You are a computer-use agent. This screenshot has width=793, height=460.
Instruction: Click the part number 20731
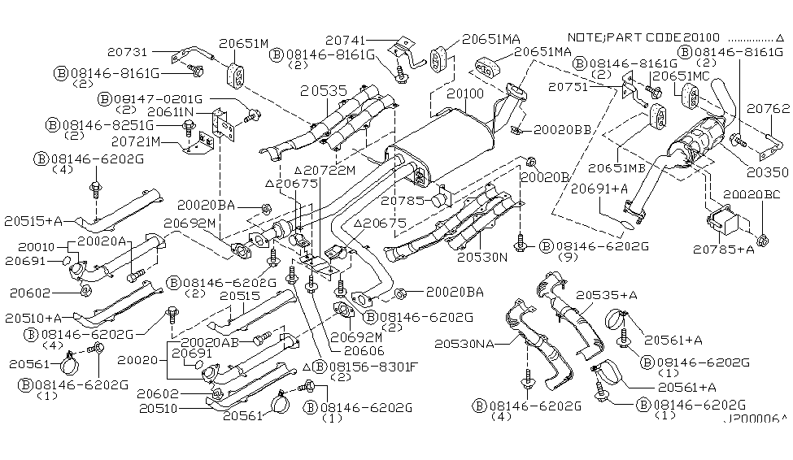[128, 51]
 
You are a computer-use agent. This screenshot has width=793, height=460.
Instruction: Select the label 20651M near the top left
[244, 43]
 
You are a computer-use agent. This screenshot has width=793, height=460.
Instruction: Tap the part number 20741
[346, 40]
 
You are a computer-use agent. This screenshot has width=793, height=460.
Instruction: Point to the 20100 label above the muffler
[465, 93]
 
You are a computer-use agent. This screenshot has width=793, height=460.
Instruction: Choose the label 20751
[569, 86]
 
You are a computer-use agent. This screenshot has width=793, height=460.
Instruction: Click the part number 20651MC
[682, 76]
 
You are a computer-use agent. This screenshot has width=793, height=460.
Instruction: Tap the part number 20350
[768, 172]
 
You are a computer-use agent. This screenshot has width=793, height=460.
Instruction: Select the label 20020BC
[752, 194]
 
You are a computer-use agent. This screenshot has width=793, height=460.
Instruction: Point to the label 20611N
[171, 111]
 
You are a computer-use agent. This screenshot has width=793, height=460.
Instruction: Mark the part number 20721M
[136, 141]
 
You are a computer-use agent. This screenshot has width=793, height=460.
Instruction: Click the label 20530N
[482, 258]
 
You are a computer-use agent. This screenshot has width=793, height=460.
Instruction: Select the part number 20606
[364, 350]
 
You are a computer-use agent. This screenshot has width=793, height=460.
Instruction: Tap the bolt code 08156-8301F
[374, 367]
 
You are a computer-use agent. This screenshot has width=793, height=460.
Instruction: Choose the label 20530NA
[464, 344]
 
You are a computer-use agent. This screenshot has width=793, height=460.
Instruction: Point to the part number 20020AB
[209, 342]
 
